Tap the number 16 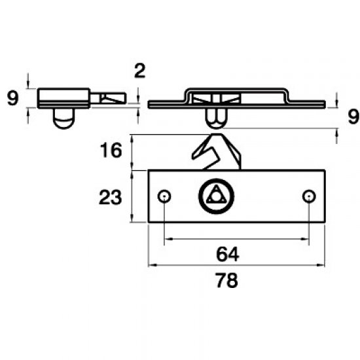(111, 151)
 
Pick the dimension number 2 (138, 71)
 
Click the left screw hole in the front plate (164, 196)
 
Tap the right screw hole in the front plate (308, 196)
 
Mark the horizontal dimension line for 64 (196, 240)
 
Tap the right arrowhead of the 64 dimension (304, 240)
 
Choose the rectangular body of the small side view (63, 98)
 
